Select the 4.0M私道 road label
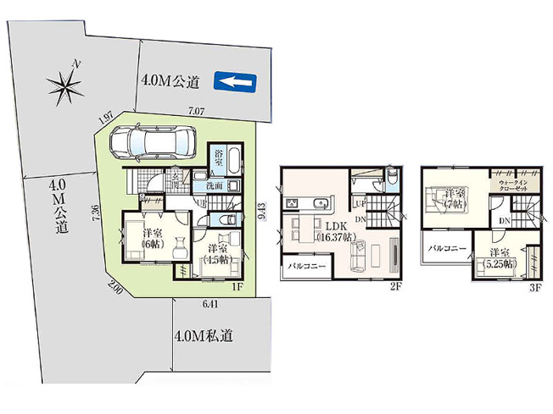pyautogui.click(x=203, y=336)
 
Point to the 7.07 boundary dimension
pyautogui.click(x=196, y=111)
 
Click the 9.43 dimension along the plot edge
pyautogui.click(x=264, y=211)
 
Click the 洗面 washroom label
pyautogui.click(x=214, y=185)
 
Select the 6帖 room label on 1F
pyautogui.click(x=153, y=239)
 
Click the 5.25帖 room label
pyautogui.click(x=501, y=258)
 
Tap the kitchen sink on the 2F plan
pyautogui.click(x=321, y=203)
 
